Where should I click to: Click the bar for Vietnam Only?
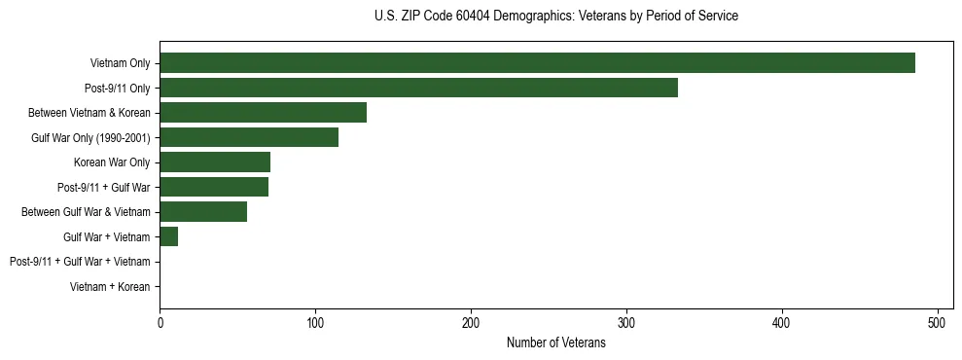(x=537, y=63)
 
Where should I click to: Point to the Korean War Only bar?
(x=215, y=162)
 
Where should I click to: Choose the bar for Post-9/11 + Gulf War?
(x=214, y=187)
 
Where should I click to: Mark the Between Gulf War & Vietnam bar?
(x=203, y=212)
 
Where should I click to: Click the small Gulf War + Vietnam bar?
(x=168, y=236)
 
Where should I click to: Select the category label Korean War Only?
(x=112, y=162)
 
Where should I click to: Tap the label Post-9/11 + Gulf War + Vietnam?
(x=80, y=262)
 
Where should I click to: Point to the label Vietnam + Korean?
(x=110, y=287)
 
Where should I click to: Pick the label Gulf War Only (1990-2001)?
(x=90, y=137)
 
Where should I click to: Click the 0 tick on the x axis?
(x=160, y=322)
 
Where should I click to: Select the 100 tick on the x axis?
(x=315, y=322)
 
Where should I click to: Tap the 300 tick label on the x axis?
(x=626, y=322)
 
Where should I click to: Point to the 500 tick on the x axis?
(x=938, y=322)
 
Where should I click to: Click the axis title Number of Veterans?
(x=555, y=342)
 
